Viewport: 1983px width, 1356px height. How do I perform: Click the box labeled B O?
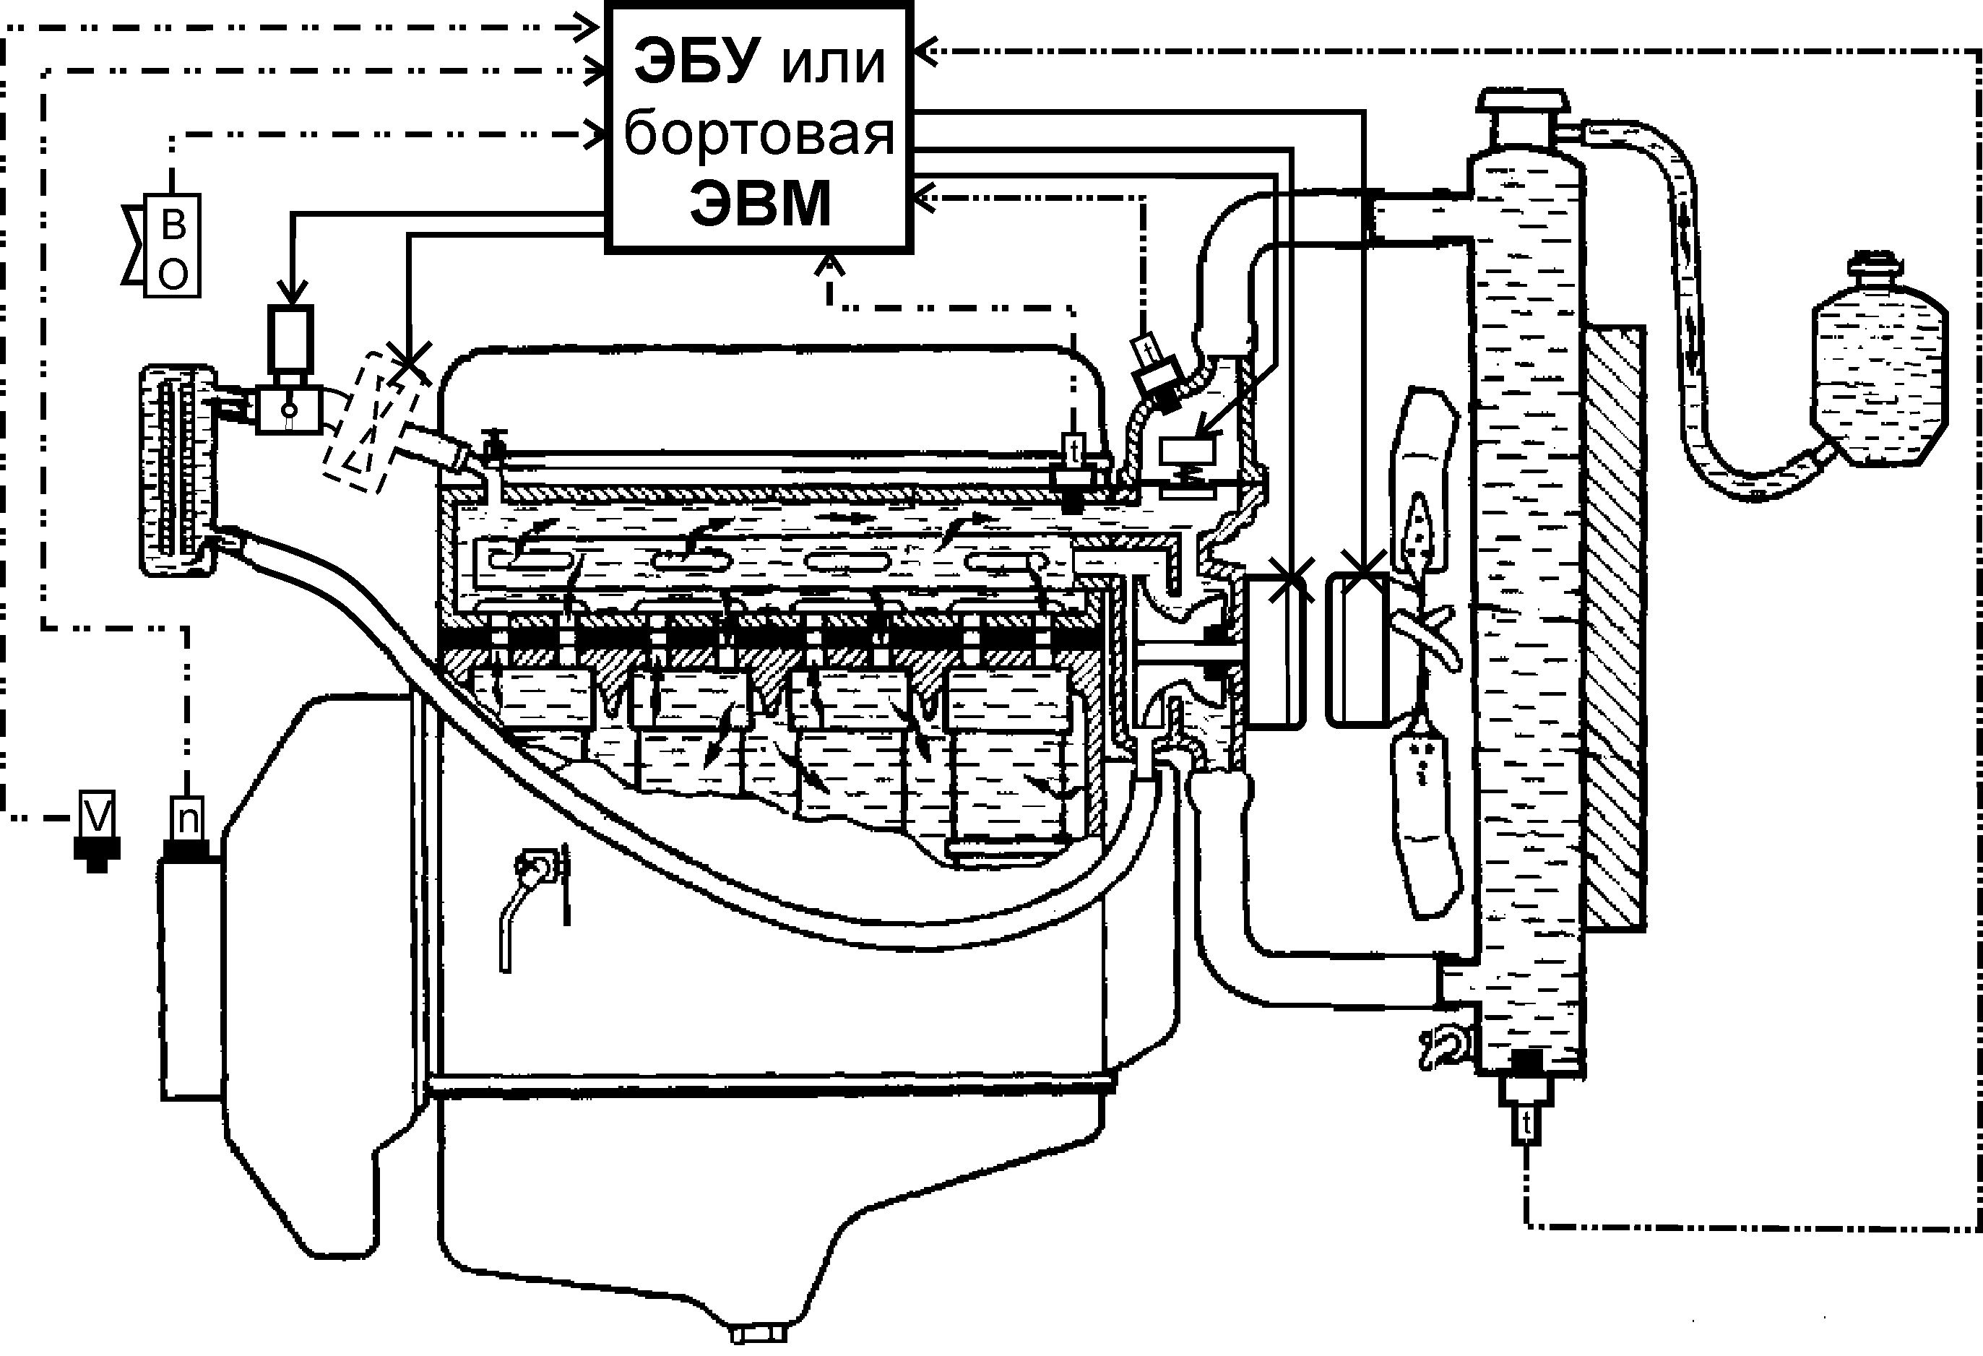pos(173,245)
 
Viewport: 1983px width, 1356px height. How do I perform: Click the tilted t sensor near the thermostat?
pos(1144,352)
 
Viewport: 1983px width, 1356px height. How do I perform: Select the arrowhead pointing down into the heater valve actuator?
pos(293,295)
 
